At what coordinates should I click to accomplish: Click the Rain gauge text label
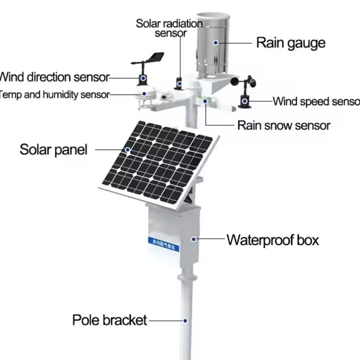(290, 43)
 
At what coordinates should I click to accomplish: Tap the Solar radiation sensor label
(167, 28)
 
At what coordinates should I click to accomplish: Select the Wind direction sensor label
(54, 77)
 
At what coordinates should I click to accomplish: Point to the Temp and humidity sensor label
(54, 94)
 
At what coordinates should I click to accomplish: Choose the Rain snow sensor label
(283, 125)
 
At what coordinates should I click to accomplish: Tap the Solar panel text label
(53, 149)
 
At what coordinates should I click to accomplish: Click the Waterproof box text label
(272, 240)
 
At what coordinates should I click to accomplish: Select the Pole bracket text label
(109, 320)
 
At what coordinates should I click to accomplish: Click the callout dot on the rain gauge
(216, 43)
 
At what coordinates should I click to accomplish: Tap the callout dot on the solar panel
(128, 150)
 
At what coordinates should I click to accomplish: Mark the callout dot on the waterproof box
(194, 239)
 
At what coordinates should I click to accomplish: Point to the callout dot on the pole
(184, 320)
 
